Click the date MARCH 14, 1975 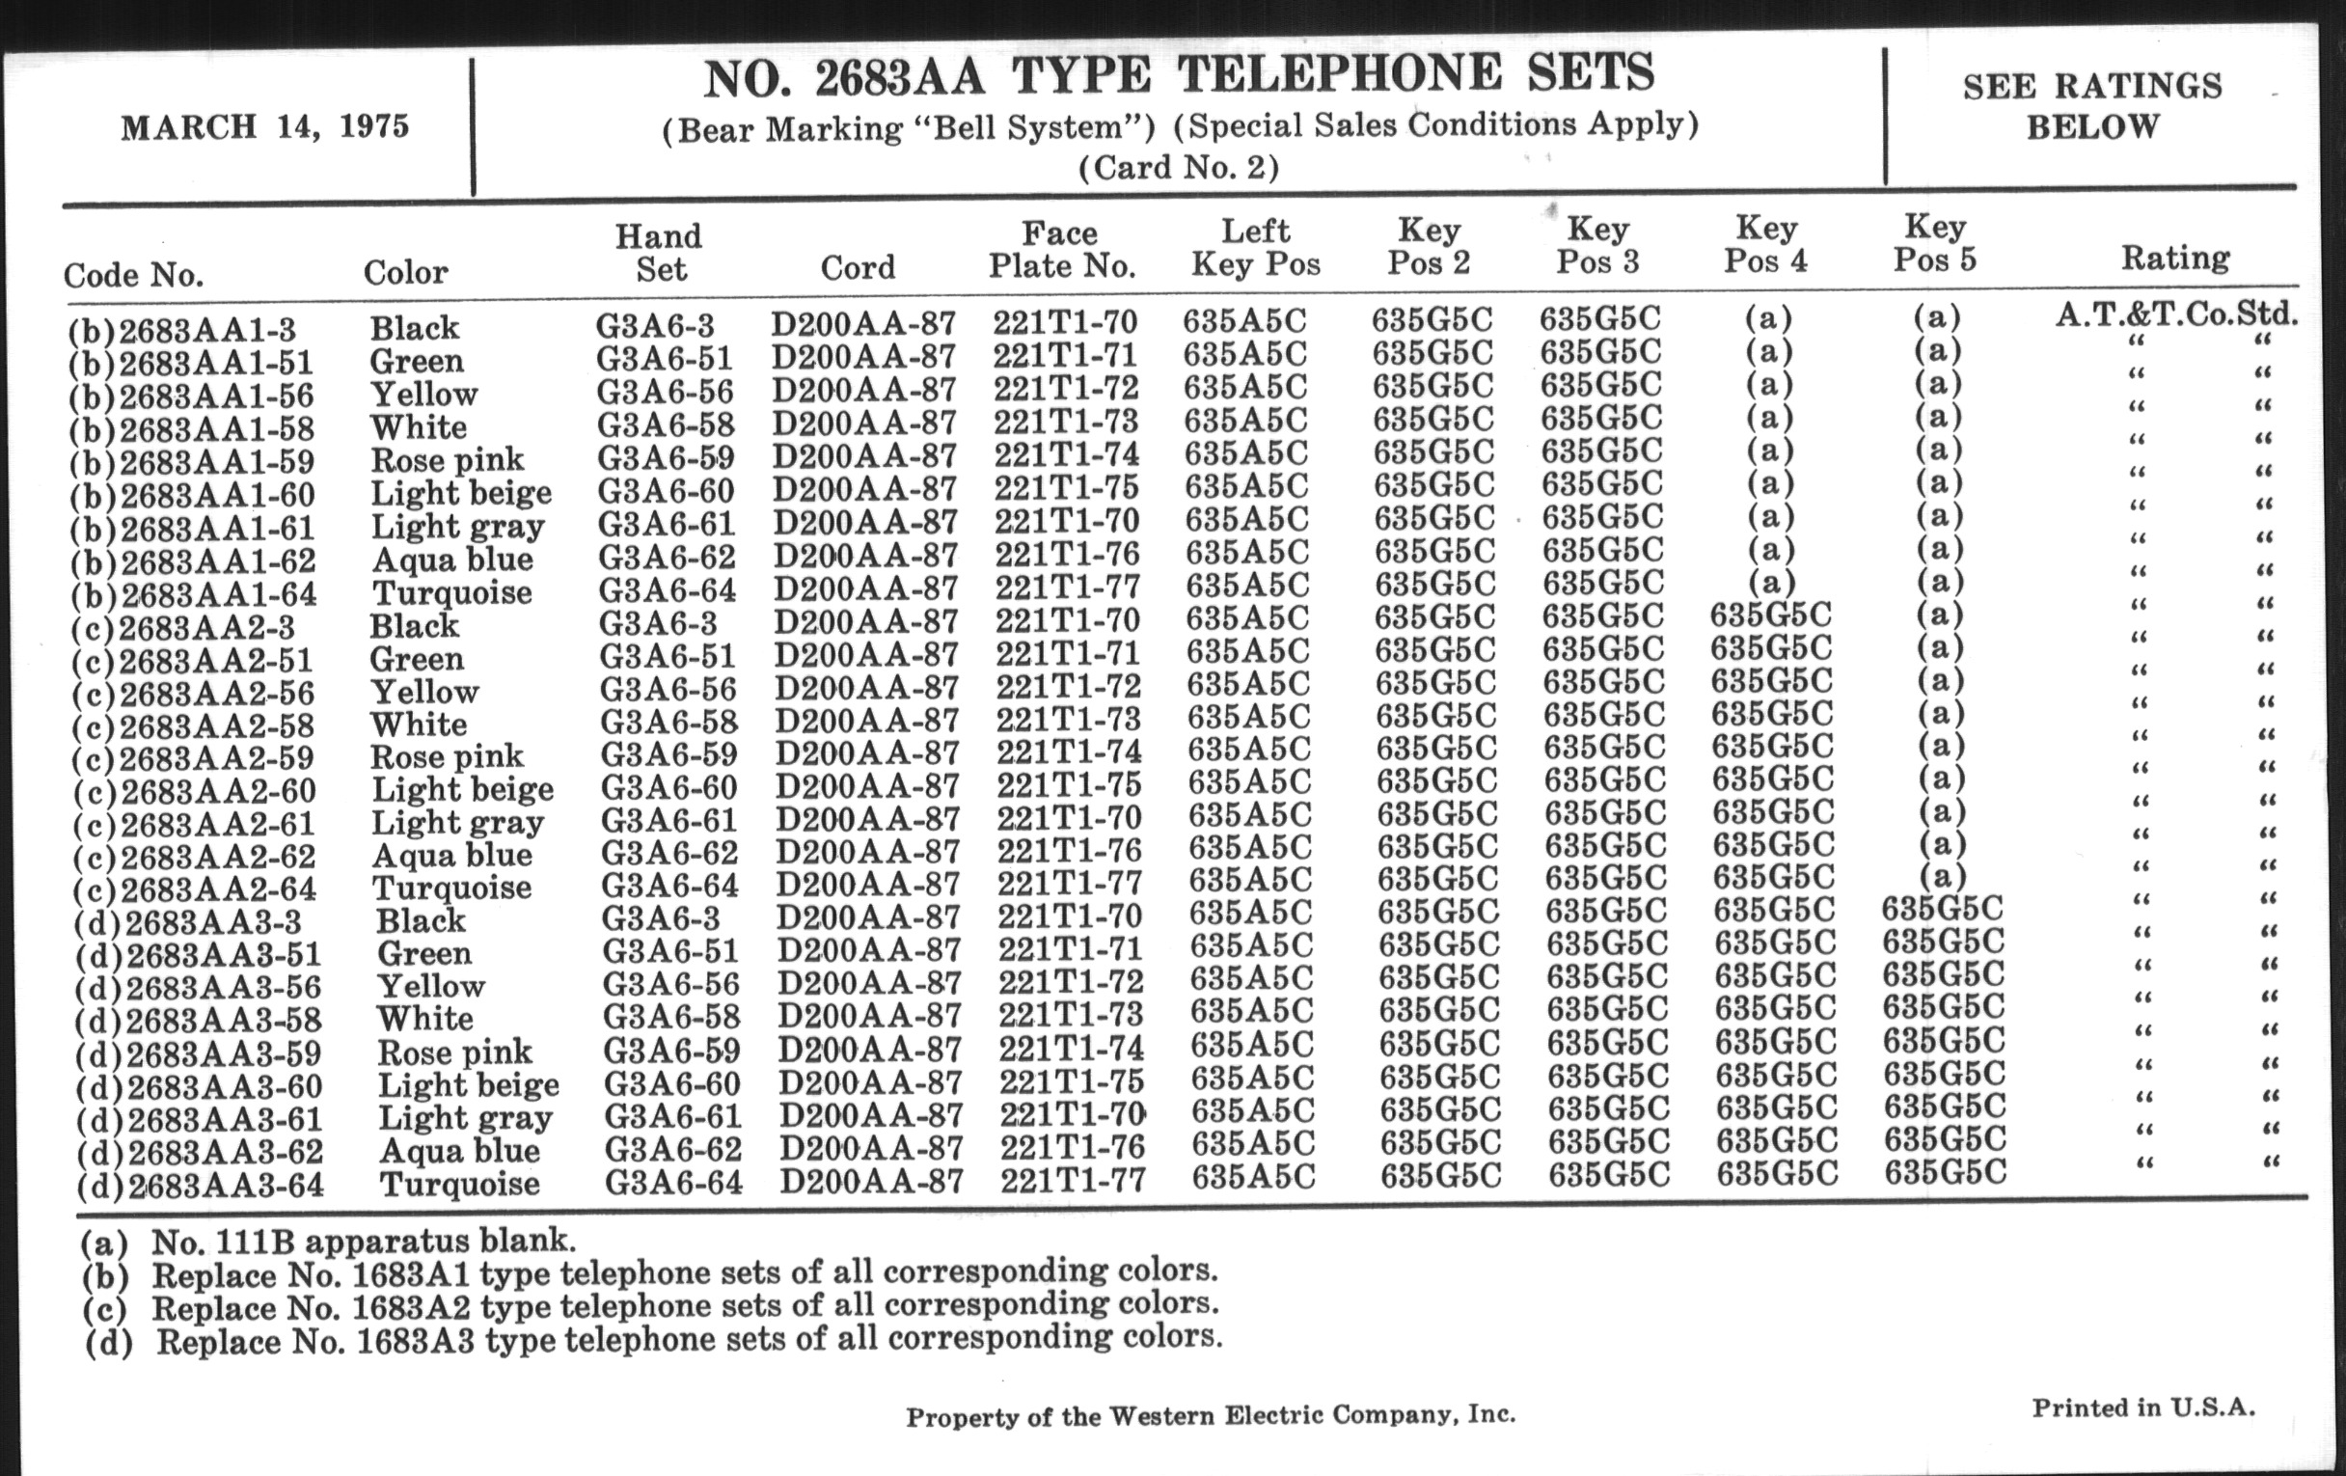point(264,127)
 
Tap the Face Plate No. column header point(1061,250)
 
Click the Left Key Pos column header point(1256,248)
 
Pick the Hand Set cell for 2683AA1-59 point(666,457)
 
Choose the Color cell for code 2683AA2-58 point(418,724)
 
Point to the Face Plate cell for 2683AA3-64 point(1073,1180)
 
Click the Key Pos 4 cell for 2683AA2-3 point(1770,615)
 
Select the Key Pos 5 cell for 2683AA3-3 point(1942,909)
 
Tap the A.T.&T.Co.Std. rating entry point(2175,314)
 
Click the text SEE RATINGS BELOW point(2091,106)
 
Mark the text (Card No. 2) point(1178,169)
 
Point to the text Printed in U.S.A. point(2142,1408)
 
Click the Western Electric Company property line point(1210,1415)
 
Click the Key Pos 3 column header point(1597,244)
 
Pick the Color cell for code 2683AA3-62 point(459,1151)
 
